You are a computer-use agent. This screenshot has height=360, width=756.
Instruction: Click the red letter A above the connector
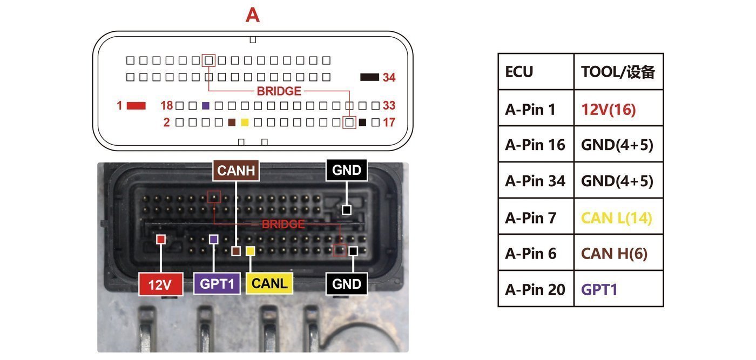tap(253, 15)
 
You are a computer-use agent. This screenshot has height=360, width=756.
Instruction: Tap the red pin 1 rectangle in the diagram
tap(136, 106)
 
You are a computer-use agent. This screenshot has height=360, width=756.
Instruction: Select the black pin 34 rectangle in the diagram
tap(369, 77)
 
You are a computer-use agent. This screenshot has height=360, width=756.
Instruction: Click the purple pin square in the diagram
tap(206, 106)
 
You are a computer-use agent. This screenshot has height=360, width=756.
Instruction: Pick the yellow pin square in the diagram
tap(245, 122)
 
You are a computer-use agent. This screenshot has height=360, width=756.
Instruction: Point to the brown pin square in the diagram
tap(232, 122)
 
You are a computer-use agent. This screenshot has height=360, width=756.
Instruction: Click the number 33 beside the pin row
tap(389, 106)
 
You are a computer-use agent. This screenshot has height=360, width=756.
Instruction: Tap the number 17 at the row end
tap(389, 122)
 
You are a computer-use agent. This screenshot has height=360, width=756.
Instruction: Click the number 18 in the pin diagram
tap(167, 106)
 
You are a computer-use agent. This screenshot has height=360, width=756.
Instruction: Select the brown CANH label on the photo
tap(236, 171)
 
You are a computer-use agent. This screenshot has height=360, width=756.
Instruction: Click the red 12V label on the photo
tap(161, 284)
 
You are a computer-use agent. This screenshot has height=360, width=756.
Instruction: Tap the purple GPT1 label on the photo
tap(217, 283)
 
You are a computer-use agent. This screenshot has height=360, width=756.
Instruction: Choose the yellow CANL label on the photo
tap(269, 283)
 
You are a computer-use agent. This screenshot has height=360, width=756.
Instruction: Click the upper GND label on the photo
tap(347, 170)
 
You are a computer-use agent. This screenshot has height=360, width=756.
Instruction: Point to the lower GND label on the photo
tap(347, 284)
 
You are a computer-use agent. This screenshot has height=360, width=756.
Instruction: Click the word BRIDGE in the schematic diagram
tap(279, 91)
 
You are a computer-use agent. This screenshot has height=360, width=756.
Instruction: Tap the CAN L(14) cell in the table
tap(619, 218)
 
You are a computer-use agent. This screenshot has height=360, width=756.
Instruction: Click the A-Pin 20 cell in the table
tap(536, 289)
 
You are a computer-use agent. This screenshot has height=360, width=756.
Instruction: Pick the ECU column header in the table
tap(536, 72)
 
